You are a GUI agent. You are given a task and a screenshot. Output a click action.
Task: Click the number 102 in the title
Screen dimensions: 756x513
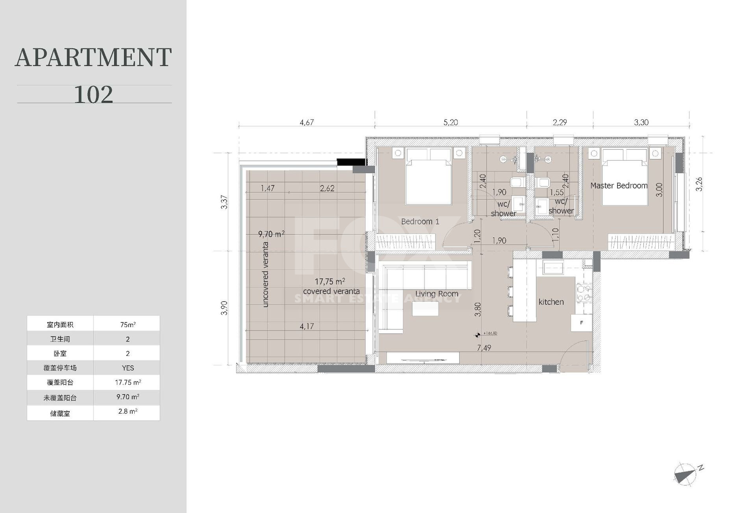coord(94,94)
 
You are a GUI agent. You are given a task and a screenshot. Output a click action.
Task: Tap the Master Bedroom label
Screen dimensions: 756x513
coord(619,186)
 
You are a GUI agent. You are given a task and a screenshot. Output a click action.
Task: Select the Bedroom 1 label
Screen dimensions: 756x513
coord(420,221)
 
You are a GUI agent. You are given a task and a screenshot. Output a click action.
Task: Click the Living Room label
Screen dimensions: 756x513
coord(437,294)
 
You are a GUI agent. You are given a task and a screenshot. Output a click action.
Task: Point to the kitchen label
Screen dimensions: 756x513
coord(551,302)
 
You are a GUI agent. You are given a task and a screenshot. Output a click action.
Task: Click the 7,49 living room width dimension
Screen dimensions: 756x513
coord(484,348)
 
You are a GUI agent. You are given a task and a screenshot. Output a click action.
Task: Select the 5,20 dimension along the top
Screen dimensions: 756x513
coord(450,123)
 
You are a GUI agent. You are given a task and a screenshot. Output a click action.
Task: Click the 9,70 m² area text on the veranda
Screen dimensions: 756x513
coord(271,234)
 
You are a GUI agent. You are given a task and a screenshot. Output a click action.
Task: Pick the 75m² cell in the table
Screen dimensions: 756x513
coord(128,324)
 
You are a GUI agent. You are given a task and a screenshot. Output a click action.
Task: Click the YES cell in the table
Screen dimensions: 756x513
coord(128,368)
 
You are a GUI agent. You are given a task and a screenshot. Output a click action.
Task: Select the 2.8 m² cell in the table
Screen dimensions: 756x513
coord(128,411)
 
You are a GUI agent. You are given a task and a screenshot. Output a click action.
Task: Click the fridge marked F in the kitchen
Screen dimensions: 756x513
coord(582,323)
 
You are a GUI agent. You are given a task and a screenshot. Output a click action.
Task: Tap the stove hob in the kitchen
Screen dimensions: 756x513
coord(584,293)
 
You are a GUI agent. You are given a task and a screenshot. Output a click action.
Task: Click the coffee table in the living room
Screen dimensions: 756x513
coord(425,309)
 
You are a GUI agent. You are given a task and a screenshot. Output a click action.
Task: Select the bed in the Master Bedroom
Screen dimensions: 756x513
coord(625,177)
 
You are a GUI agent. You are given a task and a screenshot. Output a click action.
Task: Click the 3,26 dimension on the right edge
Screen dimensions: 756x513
coord(699,184)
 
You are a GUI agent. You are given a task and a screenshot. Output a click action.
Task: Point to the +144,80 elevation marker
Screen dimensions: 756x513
coord(487,334)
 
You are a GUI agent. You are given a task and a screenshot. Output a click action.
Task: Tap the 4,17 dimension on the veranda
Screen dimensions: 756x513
coord(307,326)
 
